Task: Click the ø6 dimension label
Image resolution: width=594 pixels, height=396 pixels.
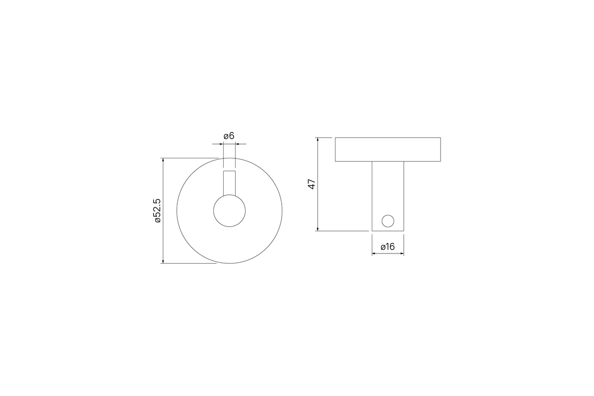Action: (x=229, y=136)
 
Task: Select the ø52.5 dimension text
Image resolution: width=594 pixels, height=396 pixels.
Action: (x=157, y=210)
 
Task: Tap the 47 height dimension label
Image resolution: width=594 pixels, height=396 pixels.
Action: (x=312, y=184)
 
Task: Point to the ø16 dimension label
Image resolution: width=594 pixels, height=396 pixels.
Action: (x=388, y=247)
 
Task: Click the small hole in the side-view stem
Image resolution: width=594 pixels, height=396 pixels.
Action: (x=388, y=221)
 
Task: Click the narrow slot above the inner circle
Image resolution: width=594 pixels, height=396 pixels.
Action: (x=229, y=183)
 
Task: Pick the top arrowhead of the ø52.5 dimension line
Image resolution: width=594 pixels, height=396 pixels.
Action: (x=163, y=160)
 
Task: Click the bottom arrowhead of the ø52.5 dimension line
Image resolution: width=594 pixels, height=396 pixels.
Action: (x=163, y=261)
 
